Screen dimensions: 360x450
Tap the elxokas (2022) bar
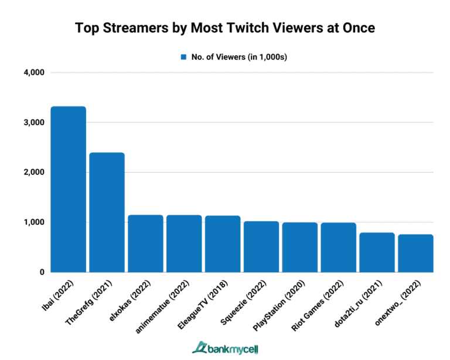(145, 244)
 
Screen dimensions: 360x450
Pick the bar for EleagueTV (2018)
(223, 244)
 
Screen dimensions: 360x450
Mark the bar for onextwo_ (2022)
(415, 253)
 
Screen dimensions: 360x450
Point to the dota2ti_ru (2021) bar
(377, 252)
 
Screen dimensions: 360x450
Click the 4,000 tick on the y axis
(35, 73)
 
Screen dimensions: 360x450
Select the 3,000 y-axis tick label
(35, 123)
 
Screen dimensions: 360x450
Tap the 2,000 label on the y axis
(35, 173)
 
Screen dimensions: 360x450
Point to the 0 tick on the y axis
(42, 272)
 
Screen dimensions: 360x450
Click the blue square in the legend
(183, 57)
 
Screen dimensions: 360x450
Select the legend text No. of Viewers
(229, 57)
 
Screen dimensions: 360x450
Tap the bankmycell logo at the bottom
(224, 347)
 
